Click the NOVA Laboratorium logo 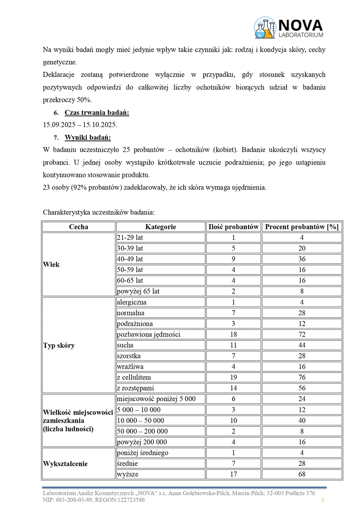click(x=288, y=28)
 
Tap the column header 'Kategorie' click(x=160, y=227)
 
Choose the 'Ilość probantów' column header click(x=233, y=227)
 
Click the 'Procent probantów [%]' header click(x=302, y=227)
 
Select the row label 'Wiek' click(x=51, y=264)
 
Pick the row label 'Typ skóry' click(x=59, y=345)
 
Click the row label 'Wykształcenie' click(x=65, y=463)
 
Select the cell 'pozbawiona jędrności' click(x=148, y=334)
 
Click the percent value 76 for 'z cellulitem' click(x=302, y=377)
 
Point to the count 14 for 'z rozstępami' click(x=233, y=388)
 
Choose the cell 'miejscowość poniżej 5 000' click(x=156, y=399)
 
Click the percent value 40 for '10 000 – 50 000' click(x=302, y=421)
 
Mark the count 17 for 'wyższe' click(x=233, y=474)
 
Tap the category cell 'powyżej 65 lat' click(x=138, y=291)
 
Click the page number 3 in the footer click(x=323, y=500)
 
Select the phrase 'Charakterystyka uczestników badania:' click(x=99, y=213)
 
